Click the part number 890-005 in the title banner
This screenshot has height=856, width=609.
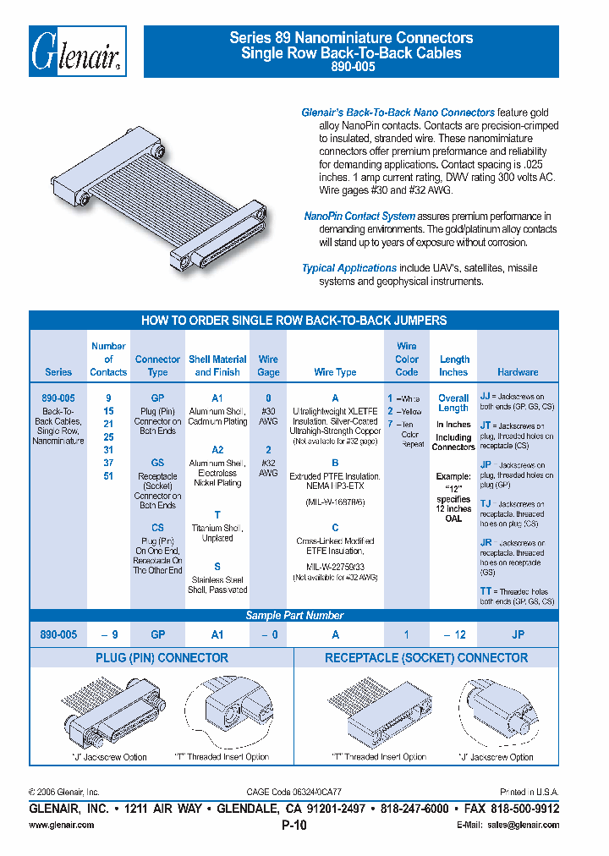(351, 67)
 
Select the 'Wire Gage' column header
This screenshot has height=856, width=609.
(268, 365)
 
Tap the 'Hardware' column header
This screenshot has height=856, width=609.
(517, 372)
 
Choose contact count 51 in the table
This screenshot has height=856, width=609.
(108, 475)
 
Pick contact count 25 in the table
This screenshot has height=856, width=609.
(108, 436)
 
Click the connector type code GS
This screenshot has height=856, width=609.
(157, 464)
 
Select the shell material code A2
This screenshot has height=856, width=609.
(217, 451)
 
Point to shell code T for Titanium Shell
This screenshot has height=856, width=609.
(217, 515)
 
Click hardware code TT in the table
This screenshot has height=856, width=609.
(486, 592)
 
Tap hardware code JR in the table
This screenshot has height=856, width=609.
(486, 542)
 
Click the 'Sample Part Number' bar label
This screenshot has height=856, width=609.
(294, 616)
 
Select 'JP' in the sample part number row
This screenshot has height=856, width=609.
(517, 635)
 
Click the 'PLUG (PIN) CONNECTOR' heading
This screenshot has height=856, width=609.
(161, 658)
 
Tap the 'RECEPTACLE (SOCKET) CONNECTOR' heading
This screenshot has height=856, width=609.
(426, 658)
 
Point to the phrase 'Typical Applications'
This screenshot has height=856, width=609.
(349, 268)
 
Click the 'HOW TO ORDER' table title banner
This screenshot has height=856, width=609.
(294, 321)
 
